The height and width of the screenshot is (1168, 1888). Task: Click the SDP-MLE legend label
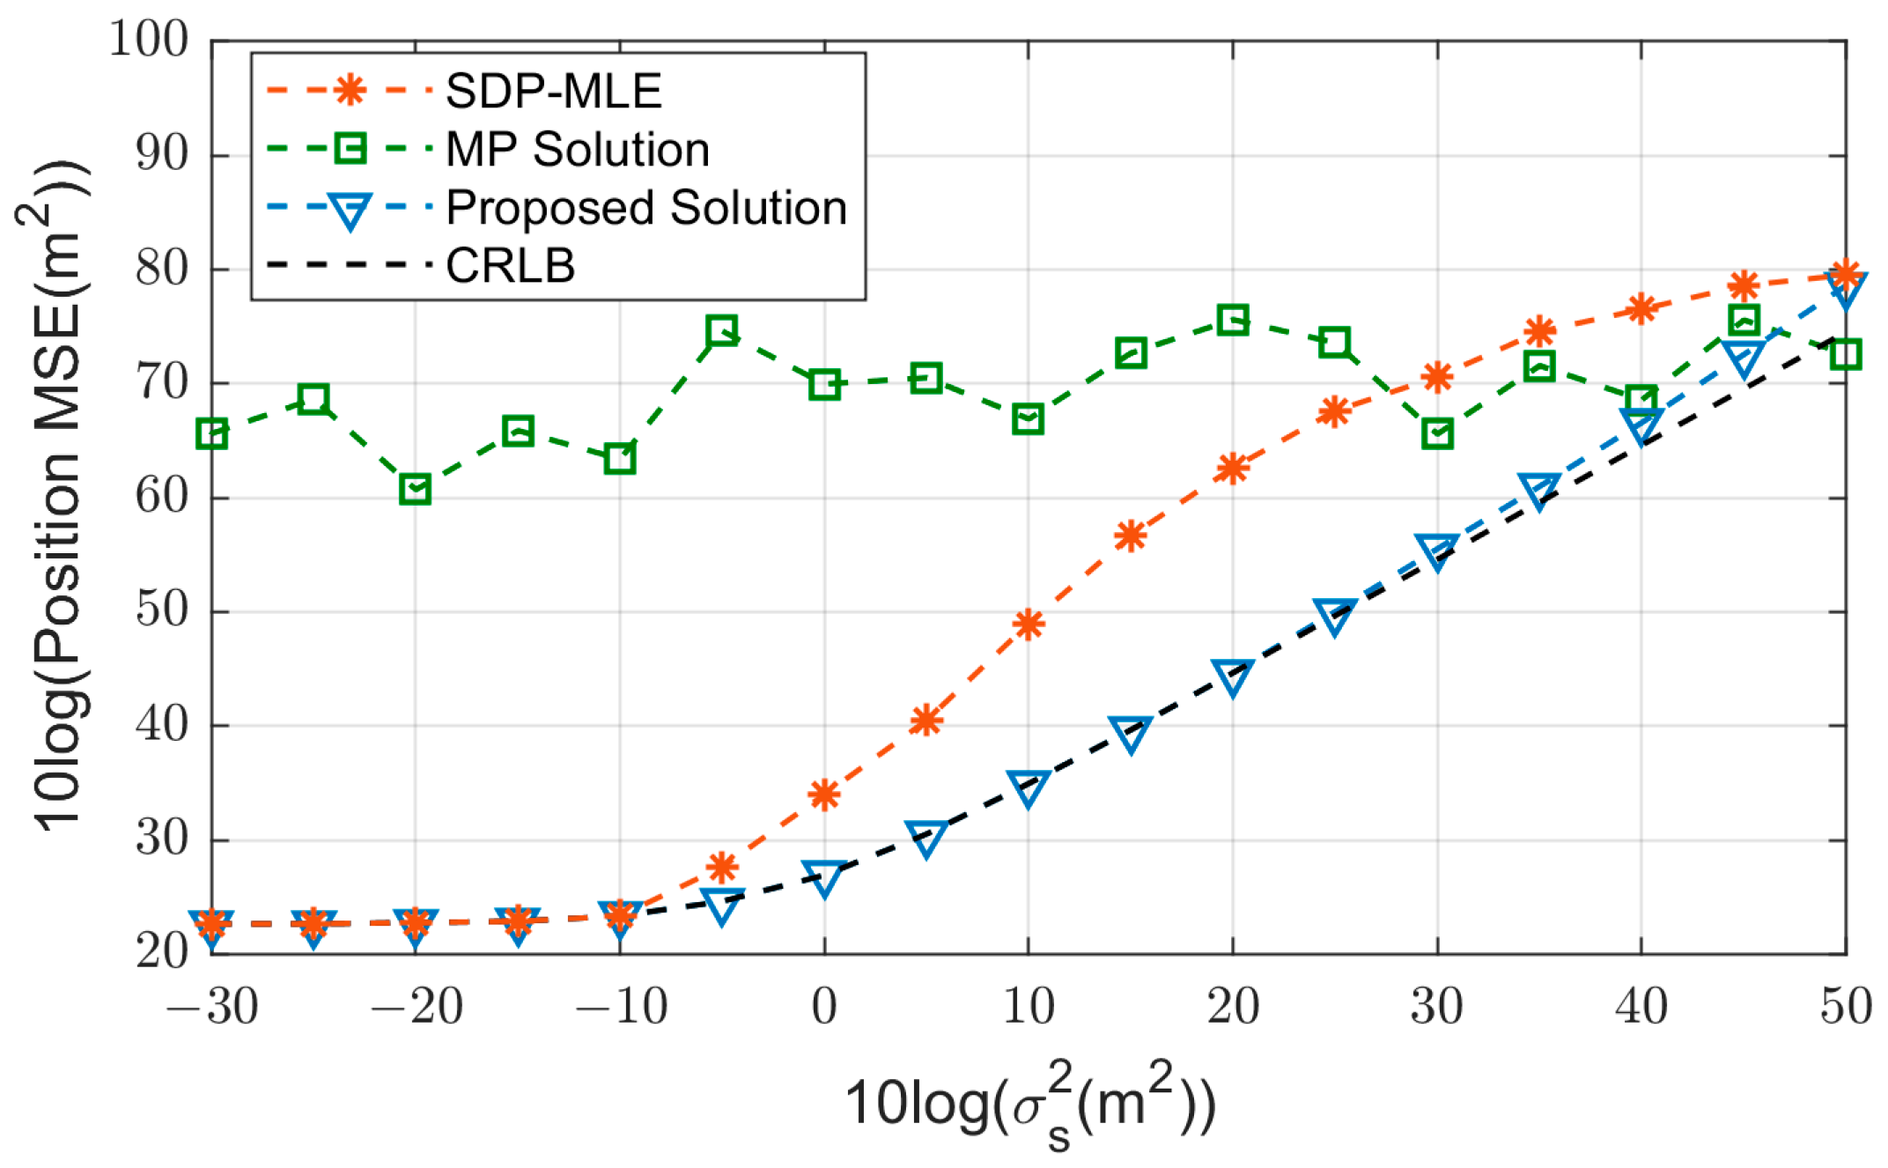[553, 91]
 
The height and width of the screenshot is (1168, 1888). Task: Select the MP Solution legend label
[578, 149]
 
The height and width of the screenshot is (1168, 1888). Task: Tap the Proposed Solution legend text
[646, 208]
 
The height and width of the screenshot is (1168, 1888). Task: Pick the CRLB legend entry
[510, 265]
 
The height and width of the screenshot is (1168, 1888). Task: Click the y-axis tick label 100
[149, 40]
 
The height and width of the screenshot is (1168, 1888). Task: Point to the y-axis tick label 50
[162, 610]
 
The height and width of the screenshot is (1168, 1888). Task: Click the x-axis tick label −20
[416, 1007]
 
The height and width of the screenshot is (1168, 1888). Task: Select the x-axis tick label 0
[824, 1007]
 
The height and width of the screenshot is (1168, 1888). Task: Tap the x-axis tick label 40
[1641, 1007]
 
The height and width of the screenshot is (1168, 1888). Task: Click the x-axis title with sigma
[1030, 1105]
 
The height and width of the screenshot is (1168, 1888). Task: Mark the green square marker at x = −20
[415, 489]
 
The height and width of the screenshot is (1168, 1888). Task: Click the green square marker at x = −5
[721, 331]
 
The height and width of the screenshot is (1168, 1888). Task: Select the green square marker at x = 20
[1233, 320]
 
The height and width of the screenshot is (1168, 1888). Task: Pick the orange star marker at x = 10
[1029, 625]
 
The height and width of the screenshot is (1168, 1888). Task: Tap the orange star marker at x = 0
[824, 795]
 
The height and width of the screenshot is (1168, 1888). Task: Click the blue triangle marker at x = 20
[1233, 676]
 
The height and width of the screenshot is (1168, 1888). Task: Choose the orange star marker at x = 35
[1539, 331]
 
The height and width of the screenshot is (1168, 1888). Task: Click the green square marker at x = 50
[1845, 354]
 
